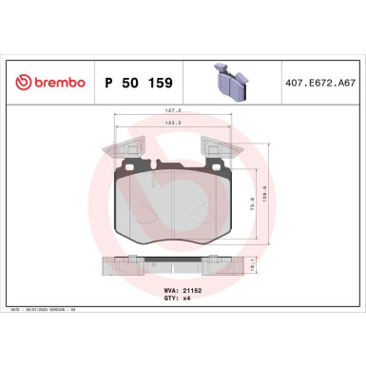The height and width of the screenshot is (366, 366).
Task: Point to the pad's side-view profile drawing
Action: tap(172, 268)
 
